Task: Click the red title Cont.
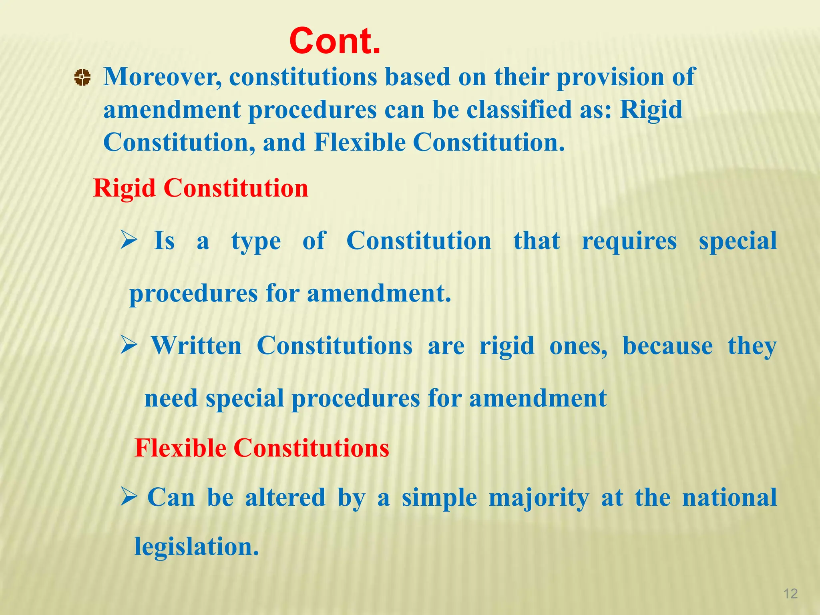click(335, 41)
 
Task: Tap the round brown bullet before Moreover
click(82, 77)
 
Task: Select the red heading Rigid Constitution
click(201, 188)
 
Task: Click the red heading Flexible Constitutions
click(262, 448)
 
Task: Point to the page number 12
click(790, 593)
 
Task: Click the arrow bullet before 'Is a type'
click(129, 240)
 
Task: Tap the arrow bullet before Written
click(129, 345)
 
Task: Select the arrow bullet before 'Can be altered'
click(129, 497)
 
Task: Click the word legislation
click(196, 547)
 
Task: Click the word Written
click(196, 346)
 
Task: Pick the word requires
click(629, 241)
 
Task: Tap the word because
click(667, 346)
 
